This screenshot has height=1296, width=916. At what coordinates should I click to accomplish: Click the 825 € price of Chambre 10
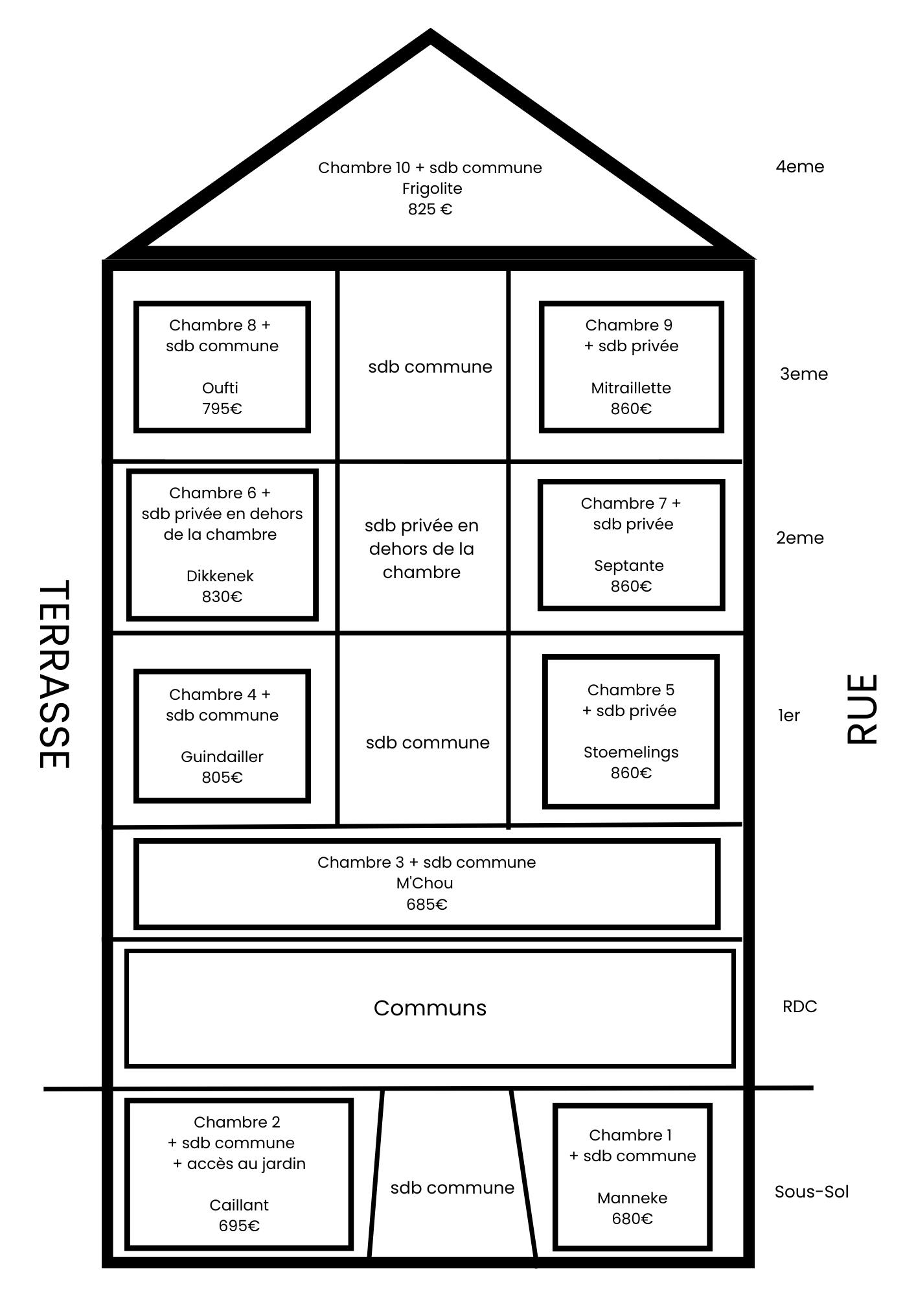click(430, 209)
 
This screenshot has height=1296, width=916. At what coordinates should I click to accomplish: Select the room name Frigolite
click(432, 189)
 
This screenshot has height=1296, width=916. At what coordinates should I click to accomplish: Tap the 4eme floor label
click(800, 167)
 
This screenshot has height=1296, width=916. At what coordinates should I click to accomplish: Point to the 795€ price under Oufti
click(222, 409)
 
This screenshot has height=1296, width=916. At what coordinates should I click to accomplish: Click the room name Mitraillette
click(631, 388)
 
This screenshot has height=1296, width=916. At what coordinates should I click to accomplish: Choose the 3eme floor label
click(804, 374)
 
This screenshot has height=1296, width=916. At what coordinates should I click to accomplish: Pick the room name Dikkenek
click(220, 576)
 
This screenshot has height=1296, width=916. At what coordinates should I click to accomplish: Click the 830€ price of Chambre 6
click(222, 597)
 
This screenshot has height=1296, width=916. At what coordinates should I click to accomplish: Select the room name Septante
click(629, 566)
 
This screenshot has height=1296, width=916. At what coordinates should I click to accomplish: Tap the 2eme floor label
click(800, 538)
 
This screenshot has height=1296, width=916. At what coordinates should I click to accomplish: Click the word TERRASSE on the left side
click(54, 675)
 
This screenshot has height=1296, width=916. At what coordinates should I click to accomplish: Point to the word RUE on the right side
click(862, 709)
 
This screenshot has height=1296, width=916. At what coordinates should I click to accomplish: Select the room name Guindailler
click(222, 757)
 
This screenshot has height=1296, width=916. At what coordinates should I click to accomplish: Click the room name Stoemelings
click(631, 752)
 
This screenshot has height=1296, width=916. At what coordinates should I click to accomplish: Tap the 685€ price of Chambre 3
click(427, 904)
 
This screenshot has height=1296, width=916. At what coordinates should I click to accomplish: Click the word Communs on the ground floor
click(430, 1008)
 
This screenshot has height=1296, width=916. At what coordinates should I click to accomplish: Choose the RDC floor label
click(800, 1006)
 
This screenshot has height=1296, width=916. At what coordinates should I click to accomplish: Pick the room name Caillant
click(239, 1205)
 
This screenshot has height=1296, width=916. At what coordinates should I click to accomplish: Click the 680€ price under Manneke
click(632, 1219)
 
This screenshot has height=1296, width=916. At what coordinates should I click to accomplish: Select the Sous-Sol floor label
click(812, 1192)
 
